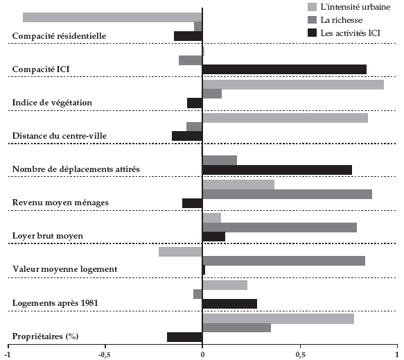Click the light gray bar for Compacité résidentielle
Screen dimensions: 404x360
tap(112, 17)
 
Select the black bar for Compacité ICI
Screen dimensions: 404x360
tap(284, 69)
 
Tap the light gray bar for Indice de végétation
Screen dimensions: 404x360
tap(293, 85)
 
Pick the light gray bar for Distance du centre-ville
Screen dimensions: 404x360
tap(286, 118)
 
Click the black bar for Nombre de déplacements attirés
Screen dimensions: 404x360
tap(277, 170)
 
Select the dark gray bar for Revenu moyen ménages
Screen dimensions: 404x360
tap(288, 194)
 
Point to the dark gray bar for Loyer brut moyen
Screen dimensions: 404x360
tap(279, 228)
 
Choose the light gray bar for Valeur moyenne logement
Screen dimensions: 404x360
tap(180, 252)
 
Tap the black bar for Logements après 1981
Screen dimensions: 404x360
tap(230, 304)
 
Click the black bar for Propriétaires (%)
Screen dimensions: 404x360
tap(185, 337)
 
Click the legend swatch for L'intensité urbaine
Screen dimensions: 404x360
tap(312, 7)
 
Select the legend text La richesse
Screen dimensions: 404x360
tap(342, 20)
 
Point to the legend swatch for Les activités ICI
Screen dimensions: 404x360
tap(312, 33)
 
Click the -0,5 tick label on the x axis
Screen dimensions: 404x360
tap(105, 355)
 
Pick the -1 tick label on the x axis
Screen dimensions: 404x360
tap(8, 355)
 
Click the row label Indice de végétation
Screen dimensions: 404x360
tap(52, 103)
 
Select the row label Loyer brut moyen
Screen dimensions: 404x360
tap(48, 236)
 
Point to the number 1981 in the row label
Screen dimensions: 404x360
tap(89, 302)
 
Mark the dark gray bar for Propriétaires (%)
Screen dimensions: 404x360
tap(236, 328)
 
